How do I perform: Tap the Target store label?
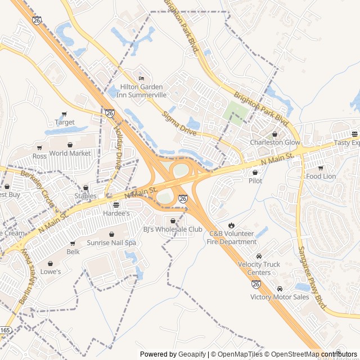tap(65, 122)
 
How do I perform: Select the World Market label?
tap(70, 153)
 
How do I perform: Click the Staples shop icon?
tap(85, 188)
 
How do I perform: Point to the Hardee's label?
tap(116, 214)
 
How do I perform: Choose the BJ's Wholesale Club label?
tap(172, 229)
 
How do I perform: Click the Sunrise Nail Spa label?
tap(111, 243)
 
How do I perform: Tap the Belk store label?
tap(73, 251)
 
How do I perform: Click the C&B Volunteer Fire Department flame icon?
tap(232, 226)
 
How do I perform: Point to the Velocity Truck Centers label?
tap(259, 268)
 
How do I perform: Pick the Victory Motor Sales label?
tap(280, 296)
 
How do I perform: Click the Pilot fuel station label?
tap(255, 181)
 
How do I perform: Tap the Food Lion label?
tap(321, 176)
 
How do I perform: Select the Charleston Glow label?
tap(275, 142)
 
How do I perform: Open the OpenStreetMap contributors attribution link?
tap(321, 354)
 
